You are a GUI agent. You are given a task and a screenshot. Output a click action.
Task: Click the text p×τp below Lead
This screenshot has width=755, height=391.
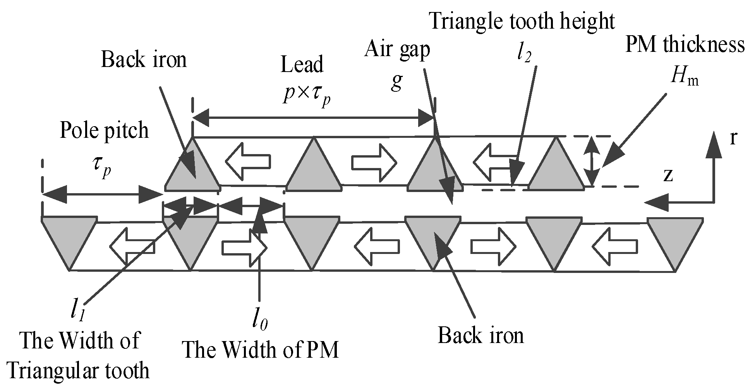(307, 95)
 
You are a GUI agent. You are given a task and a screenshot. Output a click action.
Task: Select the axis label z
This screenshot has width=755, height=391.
(667, 175)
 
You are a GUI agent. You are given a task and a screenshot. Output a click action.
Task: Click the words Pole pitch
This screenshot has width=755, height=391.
(104, 130)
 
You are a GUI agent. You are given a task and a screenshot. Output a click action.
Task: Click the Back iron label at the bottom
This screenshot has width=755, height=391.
(480, 335)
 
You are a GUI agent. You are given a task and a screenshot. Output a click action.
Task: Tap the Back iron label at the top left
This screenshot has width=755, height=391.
(144, 60)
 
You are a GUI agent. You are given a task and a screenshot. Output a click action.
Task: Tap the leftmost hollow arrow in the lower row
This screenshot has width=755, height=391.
(132, 246)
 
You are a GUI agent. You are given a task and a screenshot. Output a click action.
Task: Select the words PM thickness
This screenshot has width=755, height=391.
(685, 45)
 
